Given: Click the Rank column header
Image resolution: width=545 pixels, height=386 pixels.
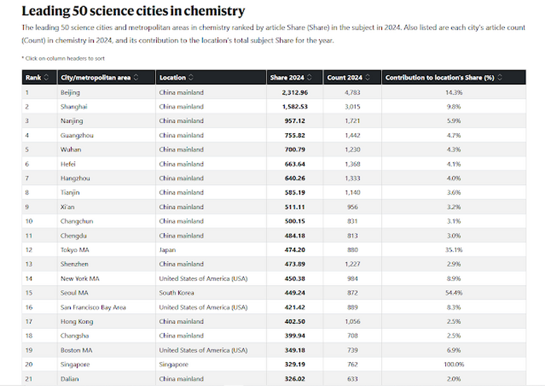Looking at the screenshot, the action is (33, 77).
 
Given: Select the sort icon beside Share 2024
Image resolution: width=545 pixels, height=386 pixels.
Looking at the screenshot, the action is (309, 77).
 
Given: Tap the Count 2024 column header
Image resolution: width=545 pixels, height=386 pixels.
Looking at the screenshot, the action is (345, 77).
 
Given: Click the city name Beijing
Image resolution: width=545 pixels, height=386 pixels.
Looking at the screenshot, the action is (70, 92).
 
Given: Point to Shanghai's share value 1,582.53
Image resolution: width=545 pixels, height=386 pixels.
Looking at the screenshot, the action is (295, 106).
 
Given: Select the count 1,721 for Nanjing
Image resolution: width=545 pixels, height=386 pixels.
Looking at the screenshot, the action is (352, 120).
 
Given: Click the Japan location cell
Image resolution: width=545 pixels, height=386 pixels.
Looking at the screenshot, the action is (167, 250).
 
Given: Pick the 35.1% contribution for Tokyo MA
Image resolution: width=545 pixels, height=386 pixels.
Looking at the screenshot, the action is (454, 250).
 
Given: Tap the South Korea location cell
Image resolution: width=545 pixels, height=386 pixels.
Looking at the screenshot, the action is (177, 293).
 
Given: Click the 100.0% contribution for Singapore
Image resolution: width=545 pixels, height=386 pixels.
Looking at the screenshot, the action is (454, 364).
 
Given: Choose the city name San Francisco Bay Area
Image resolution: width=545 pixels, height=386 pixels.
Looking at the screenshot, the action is (93, 307).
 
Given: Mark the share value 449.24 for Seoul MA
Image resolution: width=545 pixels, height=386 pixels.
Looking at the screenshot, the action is (295, 293).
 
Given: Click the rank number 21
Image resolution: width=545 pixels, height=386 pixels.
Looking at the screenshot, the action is (29, 379).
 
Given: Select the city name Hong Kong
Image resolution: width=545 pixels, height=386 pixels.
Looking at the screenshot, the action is (77, 322).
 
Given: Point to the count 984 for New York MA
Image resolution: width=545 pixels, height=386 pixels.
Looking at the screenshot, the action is (352, 278).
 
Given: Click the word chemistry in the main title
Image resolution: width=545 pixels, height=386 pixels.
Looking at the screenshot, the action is (214, 11).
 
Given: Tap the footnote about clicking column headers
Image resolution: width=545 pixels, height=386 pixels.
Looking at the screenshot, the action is (63, 58).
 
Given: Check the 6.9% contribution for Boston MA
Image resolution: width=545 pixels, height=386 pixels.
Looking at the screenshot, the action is (454, 350).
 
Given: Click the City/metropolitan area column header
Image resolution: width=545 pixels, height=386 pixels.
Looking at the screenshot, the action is (96, 77).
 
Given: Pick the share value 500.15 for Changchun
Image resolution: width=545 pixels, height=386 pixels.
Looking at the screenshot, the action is (295, 221).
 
